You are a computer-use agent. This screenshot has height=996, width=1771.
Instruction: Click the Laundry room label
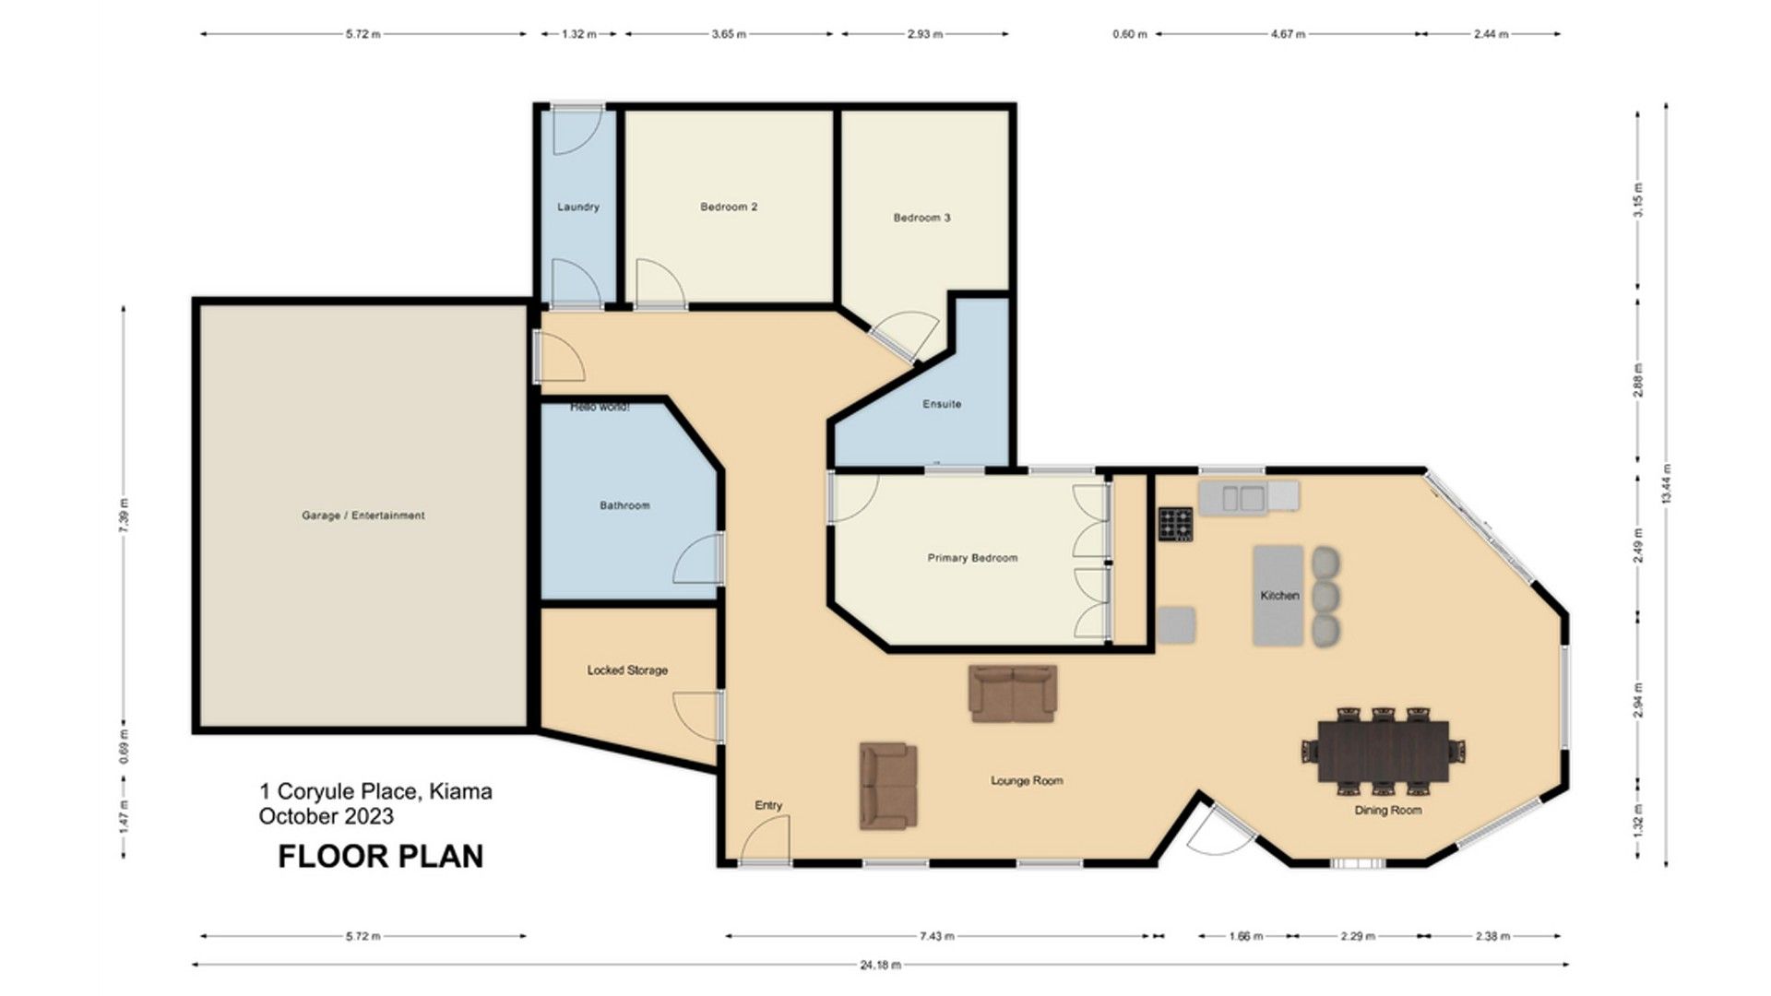coord(578,207)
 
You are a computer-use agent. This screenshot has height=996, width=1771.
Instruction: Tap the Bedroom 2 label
coord(729,207)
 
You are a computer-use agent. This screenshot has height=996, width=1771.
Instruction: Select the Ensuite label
coord(942,404)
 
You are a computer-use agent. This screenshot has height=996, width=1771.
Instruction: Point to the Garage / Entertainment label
coord(363,516)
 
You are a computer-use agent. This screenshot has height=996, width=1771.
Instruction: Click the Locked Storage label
coord(627,670)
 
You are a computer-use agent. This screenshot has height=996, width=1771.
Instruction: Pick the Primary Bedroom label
coord(972,558)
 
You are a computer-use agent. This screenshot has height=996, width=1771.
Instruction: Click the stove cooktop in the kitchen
coord(1176,524)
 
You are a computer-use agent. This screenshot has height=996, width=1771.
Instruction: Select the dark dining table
coord(1382,751)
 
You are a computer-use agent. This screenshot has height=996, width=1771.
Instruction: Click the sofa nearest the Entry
coord(889,786)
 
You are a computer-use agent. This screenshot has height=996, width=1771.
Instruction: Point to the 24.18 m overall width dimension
coord(881,966)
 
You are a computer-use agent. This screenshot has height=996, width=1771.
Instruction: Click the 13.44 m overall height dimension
coord(1666,484)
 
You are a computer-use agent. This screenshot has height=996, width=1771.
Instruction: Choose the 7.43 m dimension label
coord(936,936)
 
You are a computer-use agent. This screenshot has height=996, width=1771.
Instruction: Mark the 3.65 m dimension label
coord(729,34)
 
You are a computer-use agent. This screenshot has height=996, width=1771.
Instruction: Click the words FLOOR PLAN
coord(381,856)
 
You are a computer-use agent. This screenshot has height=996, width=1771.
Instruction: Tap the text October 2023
coord(327,816)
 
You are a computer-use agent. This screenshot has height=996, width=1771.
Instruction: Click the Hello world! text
coord(600,407)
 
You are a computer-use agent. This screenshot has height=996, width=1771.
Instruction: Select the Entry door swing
coord(766,840)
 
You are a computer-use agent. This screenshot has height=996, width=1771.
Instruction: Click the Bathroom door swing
coord(698,558)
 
